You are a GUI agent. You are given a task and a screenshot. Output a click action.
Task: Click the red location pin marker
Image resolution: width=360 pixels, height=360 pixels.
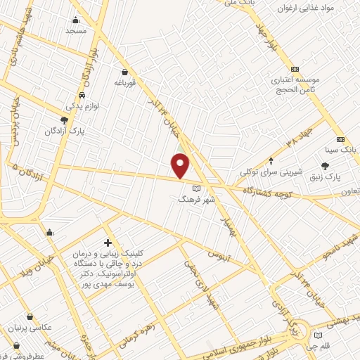pos(181,165)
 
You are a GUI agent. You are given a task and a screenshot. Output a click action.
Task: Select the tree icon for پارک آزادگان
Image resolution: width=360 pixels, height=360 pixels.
pos(65,121)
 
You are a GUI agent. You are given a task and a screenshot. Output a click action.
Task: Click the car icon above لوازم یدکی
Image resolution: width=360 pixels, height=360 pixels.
pos(82,95)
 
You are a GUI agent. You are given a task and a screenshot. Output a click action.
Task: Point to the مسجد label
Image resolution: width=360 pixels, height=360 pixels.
pos(75,31)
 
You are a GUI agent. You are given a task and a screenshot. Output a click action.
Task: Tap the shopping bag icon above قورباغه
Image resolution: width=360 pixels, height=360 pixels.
pos(124,71)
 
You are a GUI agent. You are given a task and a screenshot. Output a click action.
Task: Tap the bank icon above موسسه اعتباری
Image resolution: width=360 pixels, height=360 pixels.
pos(295,69)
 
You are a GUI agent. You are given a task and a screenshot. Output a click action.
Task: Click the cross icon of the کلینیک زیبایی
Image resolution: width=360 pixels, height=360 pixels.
pos(107,242)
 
